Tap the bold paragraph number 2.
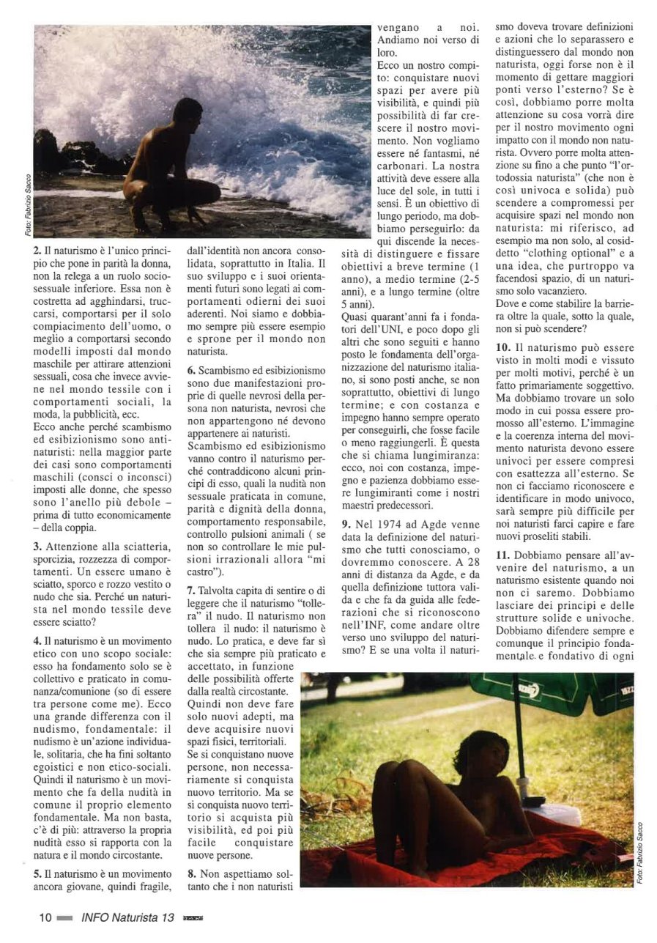click(37, 249)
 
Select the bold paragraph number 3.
click(37, 546)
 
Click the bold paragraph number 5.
click(37, 873)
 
